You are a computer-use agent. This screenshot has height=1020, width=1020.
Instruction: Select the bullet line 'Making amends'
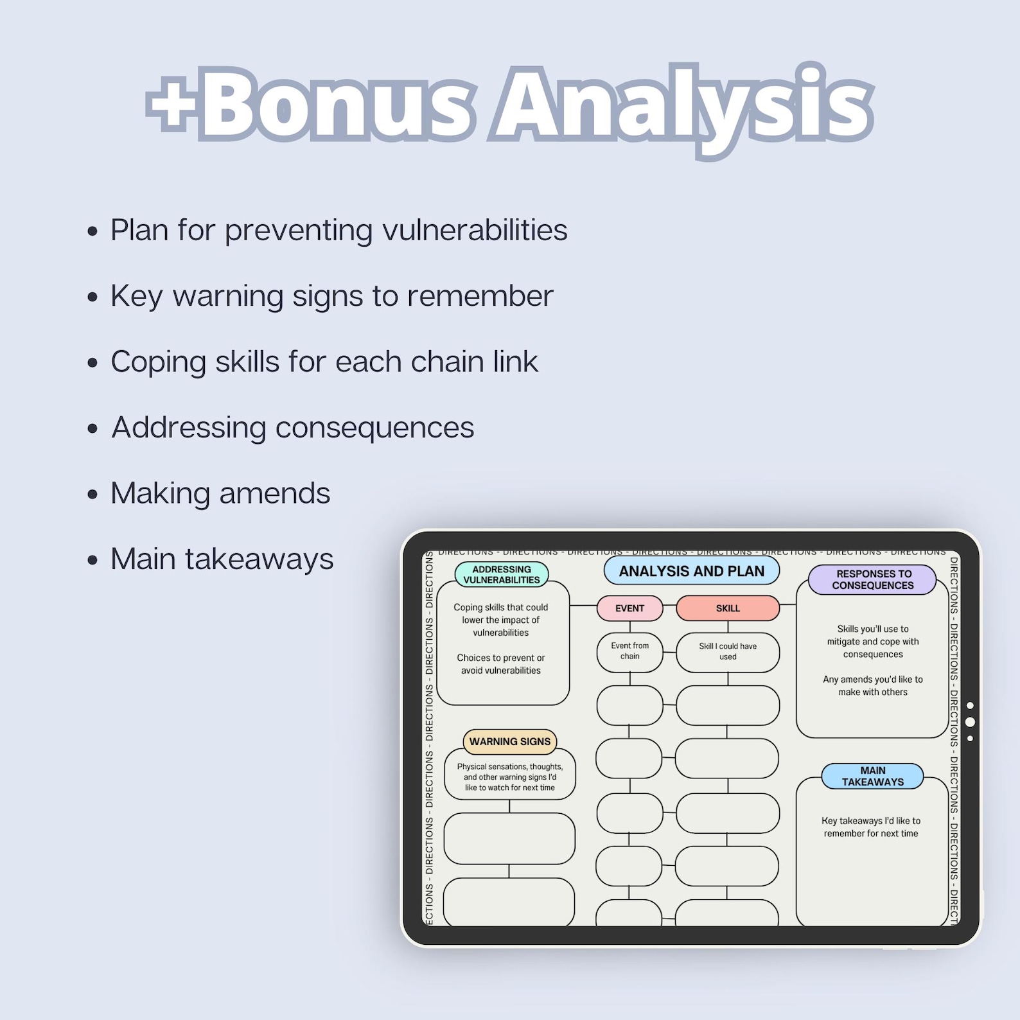click(x=220, y=493)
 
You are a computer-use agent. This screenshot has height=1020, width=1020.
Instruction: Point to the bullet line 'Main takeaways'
click(x=222, y=559)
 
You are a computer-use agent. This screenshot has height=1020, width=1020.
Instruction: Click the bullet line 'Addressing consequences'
click(x=292, y=428)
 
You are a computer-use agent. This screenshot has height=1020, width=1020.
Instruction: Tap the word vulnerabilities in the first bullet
click(x=475, y=230)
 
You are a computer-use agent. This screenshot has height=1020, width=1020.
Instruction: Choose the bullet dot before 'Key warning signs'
click(x=93, y=297)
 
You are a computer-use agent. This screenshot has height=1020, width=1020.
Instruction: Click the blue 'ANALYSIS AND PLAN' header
click(x=691, y=571)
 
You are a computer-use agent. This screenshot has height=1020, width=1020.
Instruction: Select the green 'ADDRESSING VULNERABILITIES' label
click(x=501, y=574)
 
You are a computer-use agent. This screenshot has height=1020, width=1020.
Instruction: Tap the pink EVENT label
click(x=629, y=608)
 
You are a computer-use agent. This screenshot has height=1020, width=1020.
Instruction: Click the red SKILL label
click(x=728, y=608)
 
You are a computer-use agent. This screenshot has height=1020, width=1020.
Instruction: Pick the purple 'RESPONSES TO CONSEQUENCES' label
click(x=872, y=579)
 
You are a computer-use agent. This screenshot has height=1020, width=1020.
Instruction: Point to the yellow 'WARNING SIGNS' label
click(x=509, y=741)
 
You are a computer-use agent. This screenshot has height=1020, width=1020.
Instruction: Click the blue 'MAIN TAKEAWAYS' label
click(x=872, y=776)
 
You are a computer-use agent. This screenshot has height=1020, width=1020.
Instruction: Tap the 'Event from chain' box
click(x=629, y=651)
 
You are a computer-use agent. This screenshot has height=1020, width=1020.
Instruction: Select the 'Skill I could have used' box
click(x=728, y=651)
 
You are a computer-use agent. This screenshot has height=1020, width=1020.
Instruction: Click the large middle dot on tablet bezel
click(x=970, y=722)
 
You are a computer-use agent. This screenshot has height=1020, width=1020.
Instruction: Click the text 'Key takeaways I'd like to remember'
click(x=871, y=827)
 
